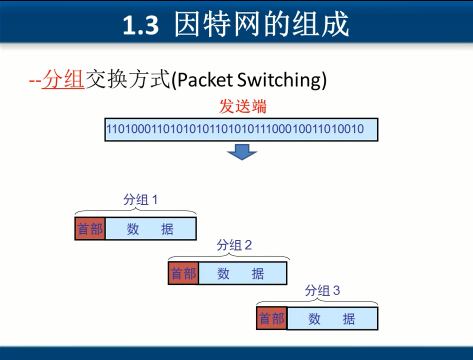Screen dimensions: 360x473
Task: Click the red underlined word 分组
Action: pos(62,79)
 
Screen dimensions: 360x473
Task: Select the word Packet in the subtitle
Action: pos(205,80)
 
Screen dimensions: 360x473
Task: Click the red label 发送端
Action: pos(243,106)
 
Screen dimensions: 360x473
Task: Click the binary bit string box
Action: pos(241,129)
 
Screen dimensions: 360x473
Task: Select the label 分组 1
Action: pos(140,200)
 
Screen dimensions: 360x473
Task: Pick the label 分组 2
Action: pos(234,245)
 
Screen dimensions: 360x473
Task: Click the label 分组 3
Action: pos(322,290)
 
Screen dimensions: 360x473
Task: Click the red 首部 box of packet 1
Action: pos(90,229)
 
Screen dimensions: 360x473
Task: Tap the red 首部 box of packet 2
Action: pos(183,273)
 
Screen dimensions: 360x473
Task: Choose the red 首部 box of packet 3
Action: pos(272,318)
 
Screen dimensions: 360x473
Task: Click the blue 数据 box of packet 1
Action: pos(150,229)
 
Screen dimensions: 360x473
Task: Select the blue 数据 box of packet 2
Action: pos(242,273)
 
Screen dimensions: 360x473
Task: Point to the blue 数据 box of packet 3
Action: pos(332,318)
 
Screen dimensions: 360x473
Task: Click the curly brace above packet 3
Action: pos(317,302)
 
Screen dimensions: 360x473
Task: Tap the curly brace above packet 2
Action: pos(228,257)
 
